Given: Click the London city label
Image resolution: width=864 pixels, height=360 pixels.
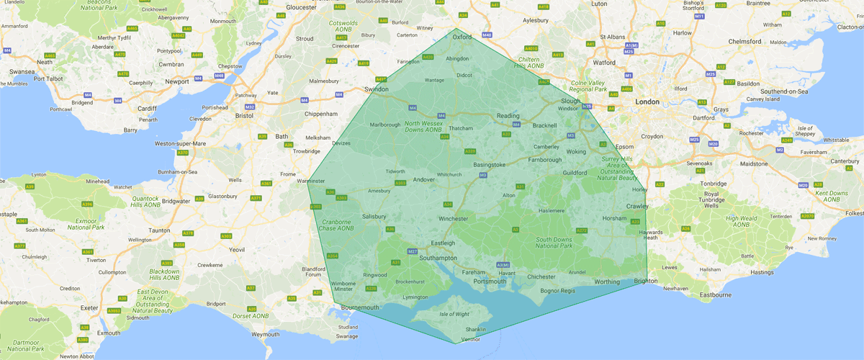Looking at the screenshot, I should click(x=647, y=102).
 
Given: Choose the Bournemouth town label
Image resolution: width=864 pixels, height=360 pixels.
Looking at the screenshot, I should click(x=354, y=308).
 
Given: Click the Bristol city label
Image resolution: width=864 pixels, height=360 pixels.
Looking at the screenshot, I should click(x=245, y=114).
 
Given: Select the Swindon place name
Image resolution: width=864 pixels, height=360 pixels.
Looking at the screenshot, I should click(x=377, y=89).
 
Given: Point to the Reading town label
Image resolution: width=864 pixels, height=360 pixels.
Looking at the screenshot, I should click(x=508, y=116).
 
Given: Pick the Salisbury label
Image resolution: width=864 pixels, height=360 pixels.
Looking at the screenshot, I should click(x=375, y=216).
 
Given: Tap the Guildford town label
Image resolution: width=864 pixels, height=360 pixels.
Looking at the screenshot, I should click(x=576, y=173).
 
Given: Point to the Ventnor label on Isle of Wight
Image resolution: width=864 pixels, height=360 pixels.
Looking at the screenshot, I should click(x=469, y=338).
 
